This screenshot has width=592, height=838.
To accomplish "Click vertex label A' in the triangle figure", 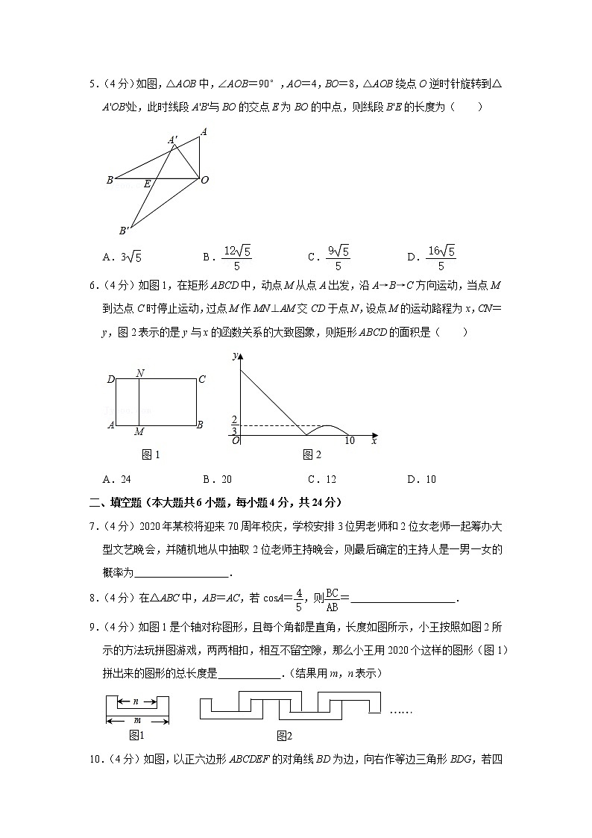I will click(x=173, y=140).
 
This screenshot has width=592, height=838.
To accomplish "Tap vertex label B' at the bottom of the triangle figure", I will click(x=124, y=231).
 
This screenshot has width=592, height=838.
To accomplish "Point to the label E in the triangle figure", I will click(x=148, y=184).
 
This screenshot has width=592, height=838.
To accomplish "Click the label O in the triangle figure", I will click(x=204, y=180).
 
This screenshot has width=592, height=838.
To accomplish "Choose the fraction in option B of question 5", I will click(x=236, y=257).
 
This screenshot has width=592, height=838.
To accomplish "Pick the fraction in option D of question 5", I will click(x=441, y=257).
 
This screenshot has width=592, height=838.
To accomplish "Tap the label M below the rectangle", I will click(x=139, y=431).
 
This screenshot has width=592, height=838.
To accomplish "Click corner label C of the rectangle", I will click(x=201, y=380).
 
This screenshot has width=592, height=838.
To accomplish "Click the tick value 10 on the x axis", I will click(x=349, y=441).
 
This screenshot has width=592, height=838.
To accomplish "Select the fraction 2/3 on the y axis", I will click(x=234, y=425).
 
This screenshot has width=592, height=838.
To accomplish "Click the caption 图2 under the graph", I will click(x=312, y=454).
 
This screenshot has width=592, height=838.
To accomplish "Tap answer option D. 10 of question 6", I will click(x=421, y=479).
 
